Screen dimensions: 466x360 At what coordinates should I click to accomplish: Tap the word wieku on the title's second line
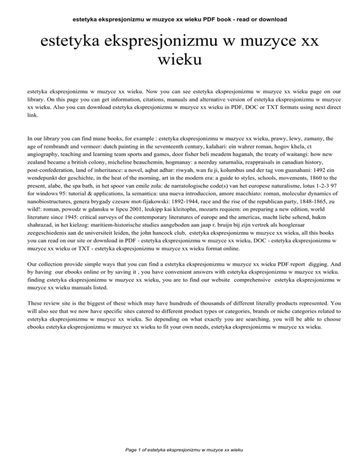tap(180, 59)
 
